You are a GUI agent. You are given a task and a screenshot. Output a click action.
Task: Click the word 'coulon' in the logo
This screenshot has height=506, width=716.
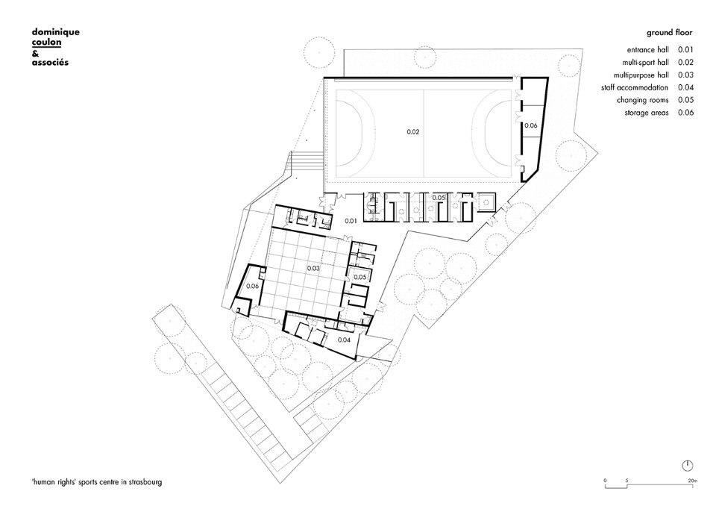coord(46,43)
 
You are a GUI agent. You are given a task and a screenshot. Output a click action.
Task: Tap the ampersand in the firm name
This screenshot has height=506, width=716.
coord(35,53)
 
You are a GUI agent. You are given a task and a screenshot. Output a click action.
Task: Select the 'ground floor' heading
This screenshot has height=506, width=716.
coord(670,32)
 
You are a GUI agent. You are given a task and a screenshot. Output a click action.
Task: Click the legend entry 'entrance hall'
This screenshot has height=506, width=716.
coord(647,50)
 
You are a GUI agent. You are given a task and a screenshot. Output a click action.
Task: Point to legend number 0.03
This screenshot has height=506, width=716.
coord(685,75)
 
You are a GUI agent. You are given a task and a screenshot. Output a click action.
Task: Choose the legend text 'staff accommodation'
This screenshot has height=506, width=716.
coord(635,88)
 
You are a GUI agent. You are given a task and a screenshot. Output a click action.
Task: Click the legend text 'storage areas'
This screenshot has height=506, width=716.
coord(647,113)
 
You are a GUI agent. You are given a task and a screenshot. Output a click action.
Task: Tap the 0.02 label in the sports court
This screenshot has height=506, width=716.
coord(412,131)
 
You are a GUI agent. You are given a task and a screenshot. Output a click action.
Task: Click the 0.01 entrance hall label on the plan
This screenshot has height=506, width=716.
coord(351,221)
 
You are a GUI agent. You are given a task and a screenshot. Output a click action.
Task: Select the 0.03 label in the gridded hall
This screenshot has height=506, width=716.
coord(313,269)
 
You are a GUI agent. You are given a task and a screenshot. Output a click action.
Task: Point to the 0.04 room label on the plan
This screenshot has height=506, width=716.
coord(344,340)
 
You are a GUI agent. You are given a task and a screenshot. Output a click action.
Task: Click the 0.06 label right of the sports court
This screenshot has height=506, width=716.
coord(530,125)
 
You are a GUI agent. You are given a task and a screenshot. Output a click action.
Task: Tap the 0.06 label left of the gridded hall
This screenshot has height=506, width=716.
coord(253,286)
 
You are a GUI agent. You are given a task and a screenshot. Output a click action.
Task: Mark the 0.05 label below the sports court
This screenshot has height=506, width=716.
coord(439,198)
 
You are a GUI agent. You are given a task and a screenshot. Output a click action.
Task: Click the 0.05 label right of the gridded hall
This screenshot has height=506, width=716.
coord(359,277)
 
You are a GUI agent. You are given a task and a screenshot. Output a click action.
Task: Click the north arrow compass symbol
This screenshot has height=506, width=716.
coord(687,466)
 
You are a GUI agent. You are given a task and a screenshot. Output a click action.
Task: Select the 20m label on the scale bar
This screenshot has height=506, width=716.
coord(693,481)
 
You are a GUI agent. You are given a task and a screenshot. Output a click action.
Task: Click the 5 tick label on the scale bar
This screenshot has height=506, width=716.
coord(627,481)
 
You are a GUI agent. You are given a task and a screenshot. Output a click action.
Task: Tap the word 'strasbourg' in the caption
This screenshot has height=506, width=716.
coord(145,482)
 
